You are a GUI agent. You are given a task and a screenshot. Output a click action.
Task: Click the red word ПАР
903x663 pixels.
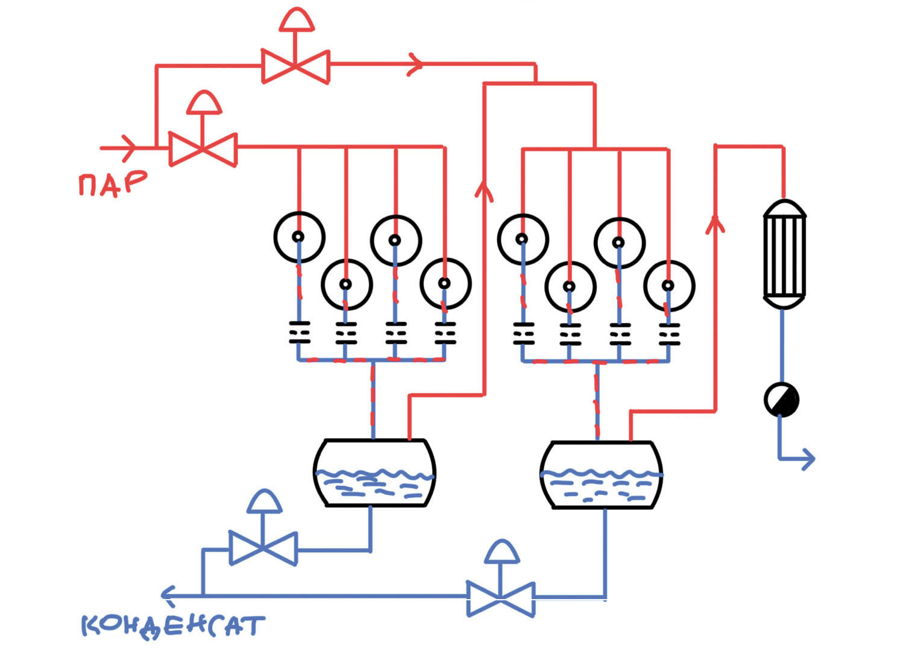pos(113,183)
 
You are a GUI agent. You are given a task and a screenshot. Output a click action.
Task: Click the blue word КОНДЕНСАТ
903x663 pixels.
pos(173,626)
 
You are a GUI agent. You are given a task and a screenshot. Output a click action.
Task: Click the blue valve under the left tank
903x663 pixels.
pos(263,548)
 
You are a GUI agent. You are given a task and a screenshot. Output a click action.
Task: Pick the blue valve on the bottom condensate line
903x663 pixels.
pos(501,599)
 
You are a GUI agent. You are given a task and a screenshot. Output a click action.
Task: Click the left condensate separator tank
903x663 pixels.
pos(374,473)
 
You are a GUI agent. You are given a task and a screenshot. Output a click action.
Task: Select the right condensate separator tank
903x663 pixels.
pos(601,475)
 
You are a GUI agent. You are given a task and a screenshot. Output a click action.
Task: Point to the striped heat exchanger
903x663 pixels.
pos(784,254)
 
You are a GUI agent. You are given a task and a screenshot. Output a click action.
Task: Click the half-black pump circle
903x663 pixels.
pos(782,400)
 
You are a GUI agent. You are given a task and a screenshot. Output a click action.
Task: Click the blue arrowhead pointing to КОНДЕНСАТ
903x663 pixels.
pos(168,595)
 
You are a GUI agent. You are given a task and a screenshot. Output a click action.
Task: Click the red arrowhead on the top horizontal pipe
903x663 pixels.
pos(415,64)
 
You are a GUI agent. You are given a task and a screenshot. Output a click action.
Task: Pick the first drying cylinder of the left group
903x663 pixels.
pos(299,237)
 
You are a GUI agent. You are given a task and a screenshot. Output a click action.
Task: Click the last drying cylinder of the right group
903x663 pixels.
pos(669,286)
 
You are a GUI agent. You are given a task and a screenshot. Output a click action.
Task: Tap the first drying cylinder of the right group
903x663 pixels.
pos(523,239)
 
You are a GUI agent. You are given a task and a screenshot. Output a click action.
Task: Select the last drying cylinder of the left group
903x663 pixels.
pos(445,283)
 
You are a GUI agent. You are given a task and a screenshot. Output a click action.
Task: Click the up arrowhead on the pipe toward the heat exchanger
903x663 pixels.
pos(715,224)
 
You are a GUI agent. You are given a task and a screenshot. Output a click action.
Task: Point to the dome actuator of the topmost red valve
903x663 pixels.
pos(296,21)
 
